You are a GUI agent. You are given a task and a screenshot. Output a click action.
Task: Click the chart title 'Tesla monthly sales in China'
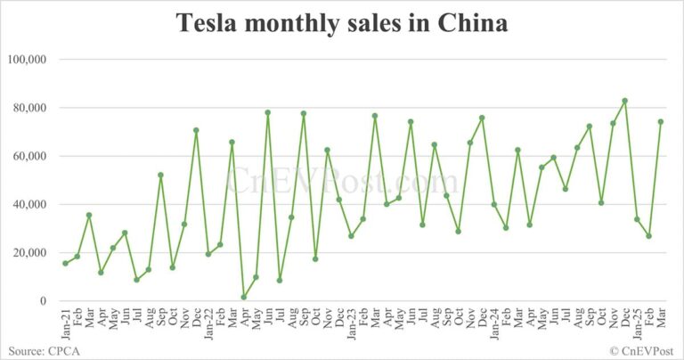[x=342, y=24]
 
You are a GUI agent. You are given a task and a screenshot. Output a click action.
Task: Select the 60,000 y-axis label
[x=29, y=156]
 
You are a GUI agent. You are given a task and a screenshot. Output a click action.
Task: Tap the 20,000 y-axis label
[x=29, y=253]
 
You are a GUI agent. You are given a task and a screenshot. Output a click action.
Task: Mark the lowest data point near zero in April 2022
[x=244, y=297]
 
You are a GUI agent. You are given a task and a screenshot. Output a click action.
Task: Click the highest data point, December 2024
[x=625, y=101]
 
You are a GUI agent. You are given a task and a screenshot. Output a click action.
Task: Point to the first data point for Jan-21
[x=65, y=263]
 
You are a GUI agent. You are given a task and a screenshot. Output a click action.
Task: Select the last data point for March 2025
[x=661, y=121]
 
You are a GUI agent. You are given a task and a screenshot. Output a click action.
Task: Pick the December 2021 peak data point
[x=196, y=130]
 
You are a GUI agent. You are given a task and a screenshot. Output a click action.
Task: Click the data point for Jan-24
[x=494, y=204]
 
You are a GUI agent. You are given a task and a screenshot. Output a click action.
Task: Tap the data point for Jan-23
[x=351, y=236]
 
